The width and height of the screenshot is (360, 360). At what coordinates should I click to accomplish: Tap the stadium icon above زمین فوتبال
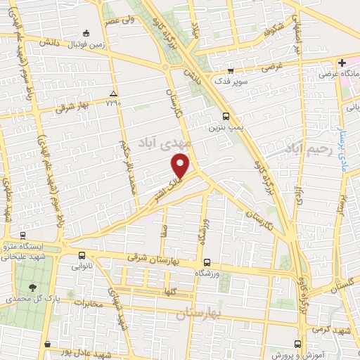coord(86,32)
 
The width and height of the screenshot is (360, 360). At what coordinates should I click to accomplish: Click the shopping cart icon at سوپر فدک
coord(230,70)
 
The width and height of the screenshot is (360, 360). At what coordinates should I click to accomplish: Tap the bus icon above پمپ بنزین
coord(225,117)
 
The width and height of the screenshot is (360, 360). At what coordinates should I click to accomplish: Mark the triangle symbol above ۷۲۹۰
coord(113,94)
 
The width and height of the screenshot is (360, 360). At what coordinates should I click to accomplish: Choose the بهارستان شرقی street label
coord(159,259)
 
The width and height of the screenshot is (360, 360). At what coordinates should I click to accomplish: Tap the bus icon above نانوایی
coord(83,256)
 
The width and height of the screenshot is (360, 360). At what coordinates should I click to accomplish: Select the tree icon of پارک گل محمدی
coord(33,287)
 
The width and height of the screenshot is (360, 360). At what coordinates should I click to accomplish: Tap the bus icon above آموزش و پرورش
coord(297,344)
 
